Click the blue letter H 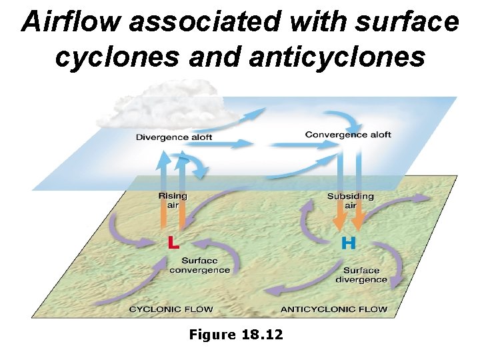tap(348, 243)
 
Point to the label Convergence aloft tap(348, 135)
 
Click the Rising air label tap(173, 201)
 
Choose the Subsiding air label tap(350, 201)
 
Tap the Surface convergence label tap(199, 265)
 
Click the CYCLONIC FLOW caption tap(171, 309)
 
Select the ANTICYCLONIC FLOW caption tap(333, 309)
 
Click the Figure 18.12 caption tap(236, 334)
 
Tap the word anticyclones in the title tap(337, 57)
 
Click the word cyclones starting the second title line tap(109, 57)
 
